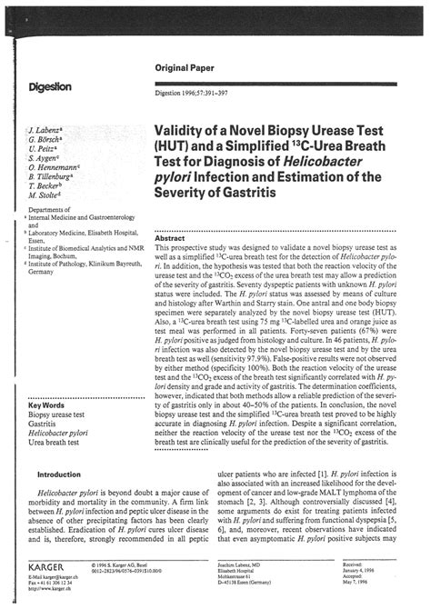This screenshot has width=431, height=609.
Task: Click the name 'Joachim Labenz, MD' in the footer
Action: coord(247,562)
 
